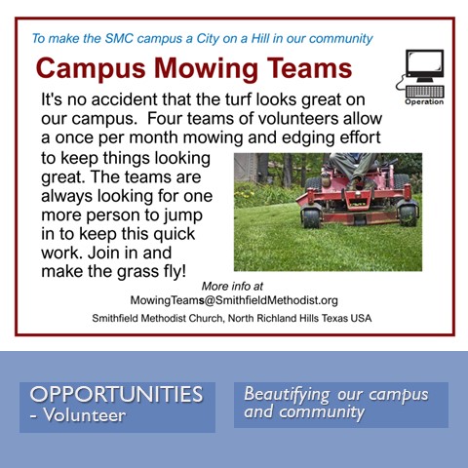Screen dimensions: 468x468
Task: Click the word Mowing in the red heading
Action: point(206,69)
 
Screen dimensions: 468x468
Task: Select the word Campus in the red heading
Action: point(91,69)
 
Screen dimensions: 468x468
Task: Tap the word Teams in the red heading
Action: point(309,67)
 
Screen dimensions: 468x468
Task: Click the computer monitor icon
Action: point(424,65)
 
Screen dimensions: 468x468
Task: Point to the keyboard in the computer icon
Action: point(425,92)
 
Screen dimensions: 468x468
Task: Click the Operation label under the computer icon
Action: point(424,101)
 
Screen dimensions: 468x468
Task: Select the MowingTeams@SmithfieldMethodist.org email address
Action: point(234,300)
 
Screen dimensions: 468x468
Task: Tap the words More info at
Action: point(232,286)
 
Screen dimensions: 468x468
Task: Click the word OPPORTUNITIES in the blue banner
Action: point(116,394)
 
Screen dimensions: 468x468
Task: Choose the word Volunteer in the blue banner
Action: point(85,415)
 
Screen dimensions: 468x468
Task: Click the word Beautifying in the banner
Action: point(287,395)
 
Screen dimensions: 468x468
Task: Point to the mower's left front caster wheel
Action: point(311,217)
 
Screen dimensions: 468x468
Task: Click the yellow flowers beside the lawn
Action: point(245,194)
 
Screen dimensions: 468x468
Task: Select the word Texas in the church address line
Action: point(334,318)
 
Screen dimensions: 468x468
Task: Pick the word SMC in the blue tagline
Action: point(119,38)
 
